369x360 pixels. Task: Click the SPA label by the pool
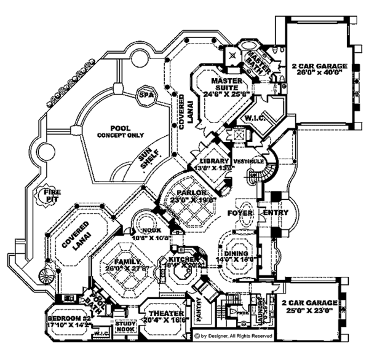[145, 96]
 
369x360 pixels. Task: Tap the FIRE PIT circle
[52, 195]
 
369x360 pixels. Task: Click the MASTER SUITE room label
[229, 80]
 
